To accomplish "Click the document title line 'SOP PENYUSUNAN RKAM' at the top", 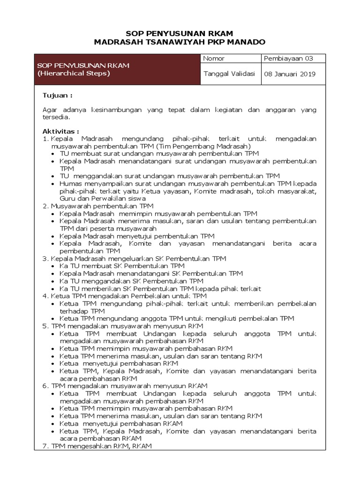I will click(x=180, y=33).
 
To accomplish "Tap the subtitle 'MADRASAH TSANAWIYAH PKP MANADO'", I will click(x=180, y=42).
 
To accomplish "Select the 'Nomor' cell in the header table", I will click(x=214, y=59).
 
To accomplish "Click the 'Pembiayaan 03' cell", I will click(x=288, y=59).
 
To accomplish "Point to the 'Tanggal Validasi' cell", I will click(x=229, y=74).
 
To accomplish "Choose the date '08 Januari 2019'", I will click(x=290, y=74).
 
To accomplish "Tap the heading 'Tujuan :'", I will click(x=58, y=95).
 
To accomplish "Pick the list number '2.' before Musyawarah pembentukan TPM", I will click(x=46, y=206).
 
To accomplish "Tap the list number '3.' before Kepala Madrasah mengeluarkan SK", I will click(x=46, y=258).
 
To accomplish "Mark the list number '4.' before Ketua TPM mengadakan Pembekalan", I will click(x=46, y=296).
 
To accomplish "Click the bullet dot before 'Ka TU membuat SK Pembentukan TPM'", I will click(x=54, y=266).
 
